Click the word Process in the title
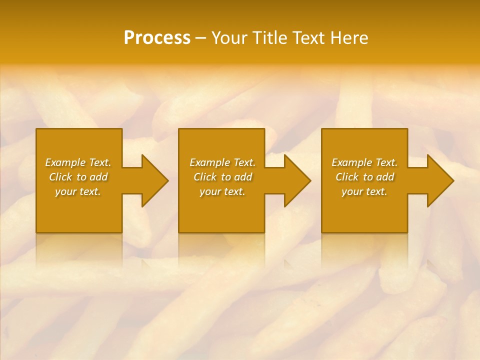click(x=157, y=38)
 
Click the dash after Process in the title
click(x=201, y=38)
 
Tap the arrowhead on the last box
click(x=439, y=180)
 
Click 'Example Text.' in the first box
click(x=78, y=162)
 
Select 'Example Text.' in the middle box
click(x=222, y=162)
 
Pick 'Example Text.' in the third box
click(x=364, y=162)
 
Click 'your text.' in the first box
click(x=78, y=191)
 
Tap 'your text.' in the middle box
click(x=222, y=191)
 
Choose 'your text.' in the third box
click(x=364, y=191)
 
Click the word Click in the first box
click(x=60, y=177)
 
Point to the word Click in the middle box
click(x=205, y=177)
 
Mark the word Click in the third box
click(x=347, y=177)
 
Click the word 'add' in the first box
click(x=99, y=177)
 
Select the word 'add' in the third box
click(x=385, y=177)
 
